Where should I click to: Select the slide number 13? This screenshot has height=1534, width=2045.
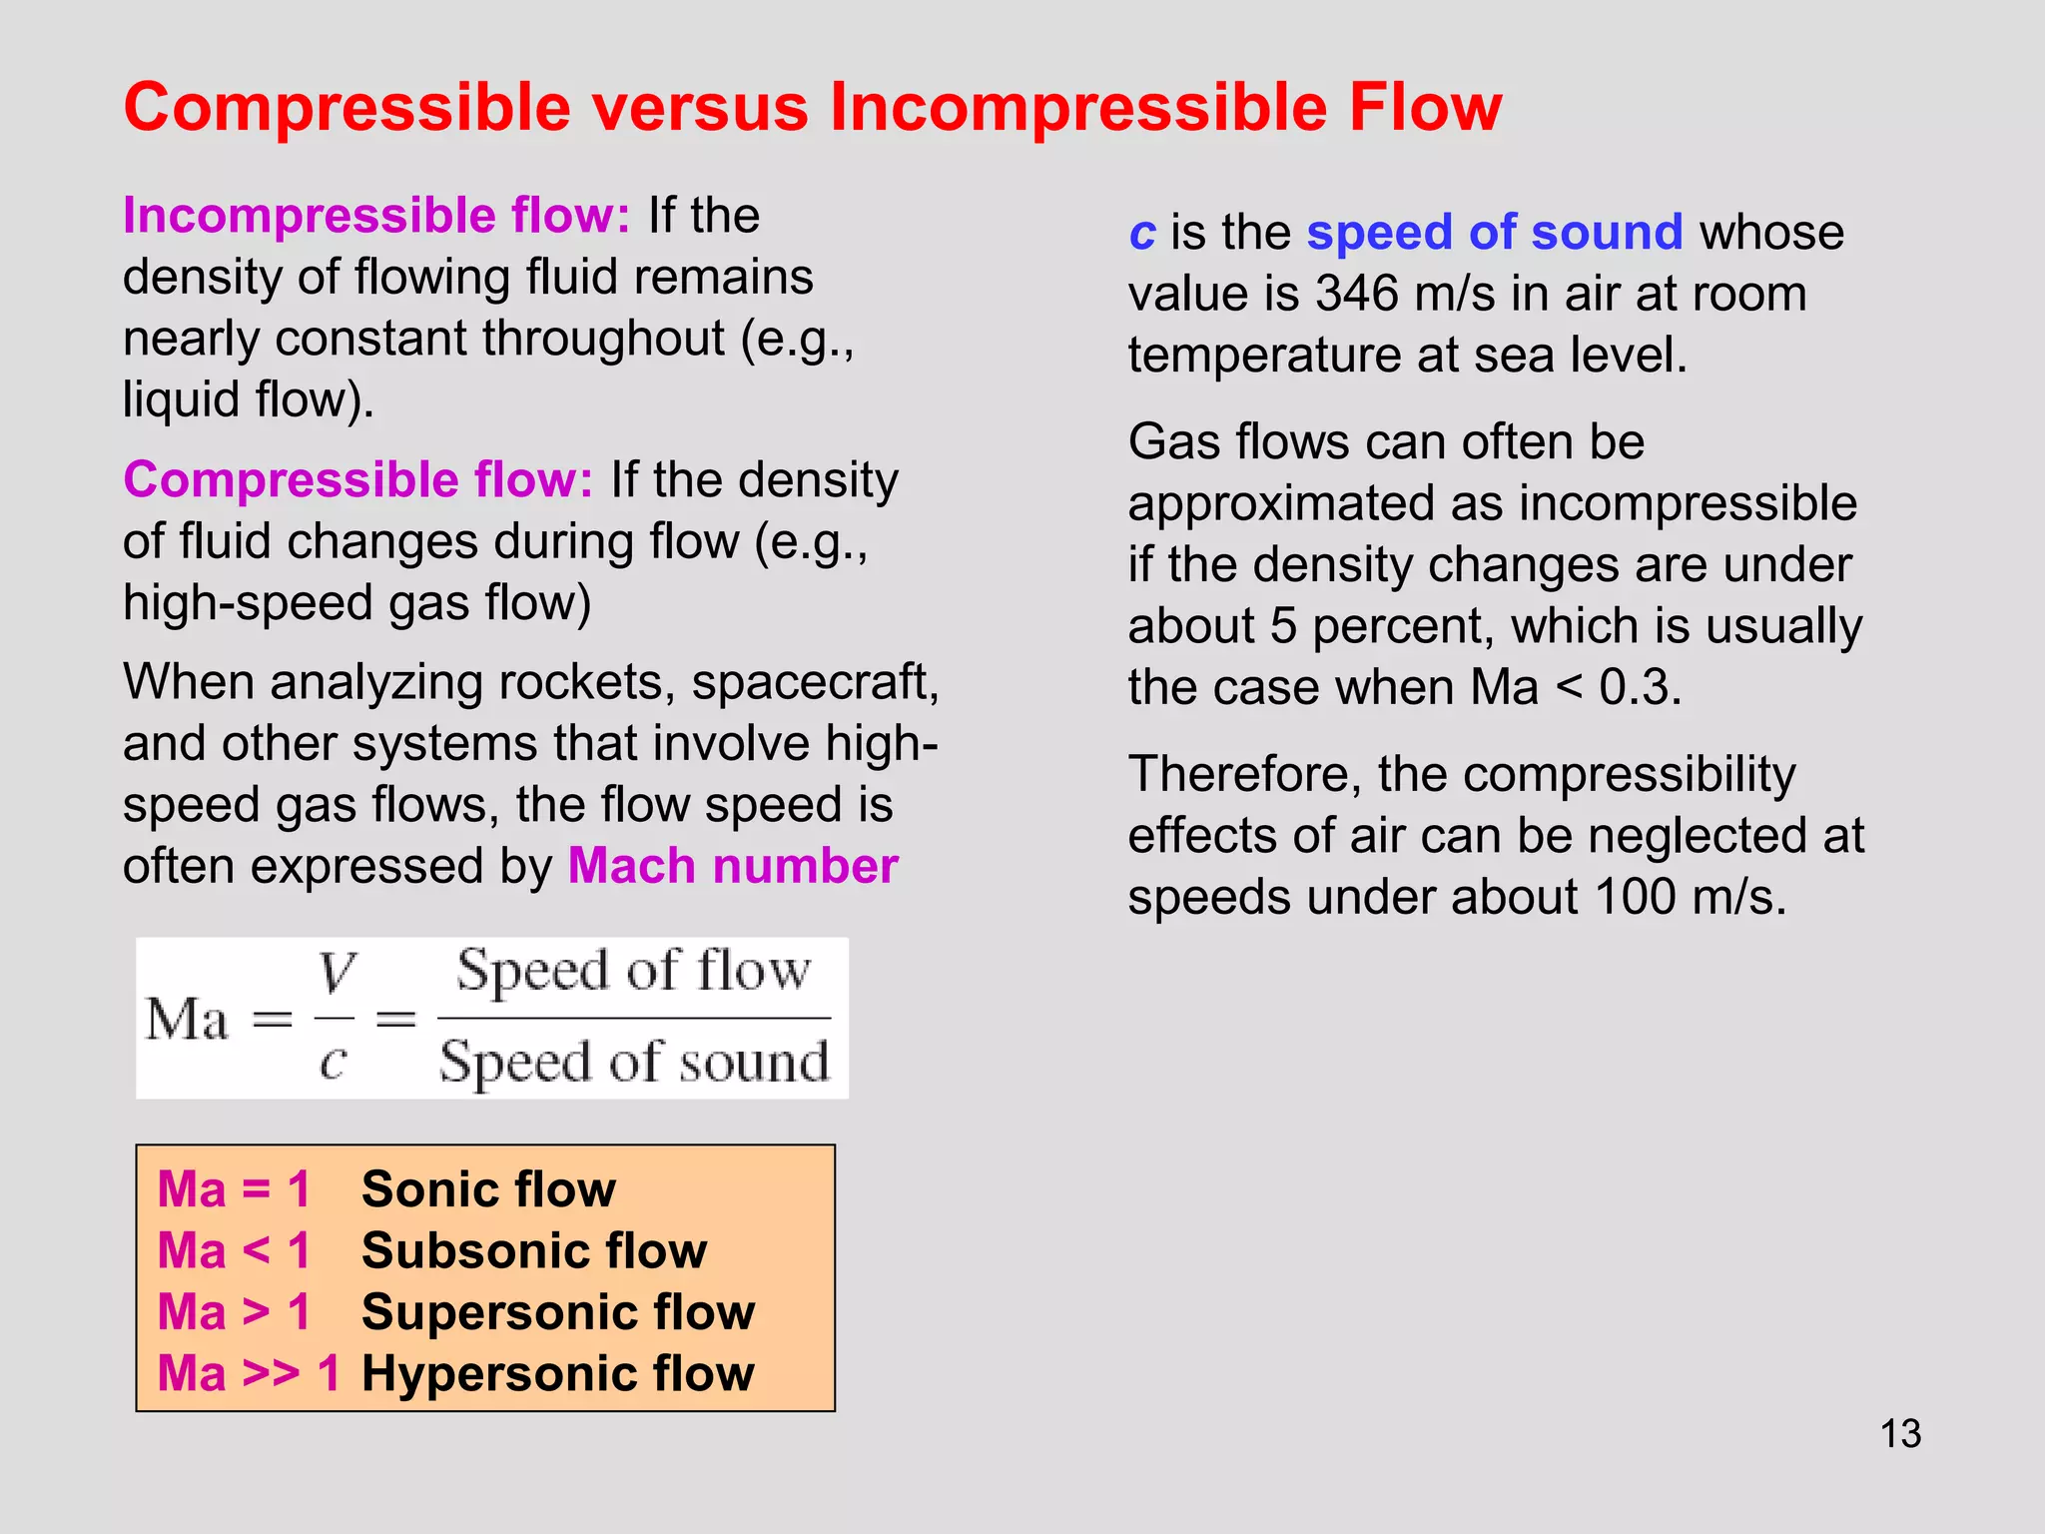coord(1900,1434)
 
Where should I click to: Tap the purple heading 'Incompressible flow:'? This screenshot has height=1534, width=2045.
coord(376,216)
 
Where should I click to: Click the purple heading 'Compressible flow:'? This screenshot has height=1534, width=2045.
coord(358,480)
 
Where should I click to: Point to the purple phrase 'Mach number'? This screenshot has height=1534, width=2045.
coord(733,866)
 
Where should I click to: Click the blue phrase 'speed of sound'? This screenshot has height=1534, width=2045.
coord(1495,233)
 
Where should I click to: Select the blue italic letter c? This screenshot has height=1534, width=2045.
coord(1141,234)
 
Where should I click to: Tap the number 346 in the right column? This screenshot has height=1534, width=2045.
coord(1357,295)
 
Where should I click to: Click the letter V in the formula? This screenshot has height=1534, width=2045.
coord(337,972)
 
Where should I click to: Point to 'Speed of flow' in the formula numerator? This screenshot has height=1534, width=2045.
coord(634,971)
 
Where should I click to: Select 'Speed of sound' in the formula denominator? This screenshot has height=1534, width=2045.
coord(634,1062)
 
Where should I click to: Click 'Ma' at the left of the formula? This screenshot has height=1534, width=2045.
coord(187,1020)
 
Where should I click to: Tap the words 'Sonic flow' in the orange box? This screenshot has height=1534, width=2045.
coord(488,1189)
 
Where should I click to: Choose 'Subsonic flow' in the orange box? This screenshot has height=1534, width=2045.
coord(534,1251)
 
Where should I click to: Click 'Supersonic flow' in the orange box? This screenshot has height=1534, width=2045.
coord(558,1312)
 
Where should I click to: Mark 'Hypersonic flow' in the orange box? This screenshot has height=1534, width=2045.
coord(558,1374)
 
